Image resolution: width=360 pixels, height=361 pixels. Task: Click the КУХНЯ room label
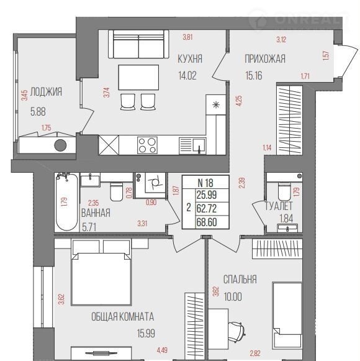[190, 59]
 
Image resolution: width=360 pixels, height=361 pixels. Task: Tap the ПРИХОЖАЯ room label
[265, 59]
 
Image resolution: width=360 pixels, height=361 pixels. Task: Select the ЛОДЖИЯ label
[46, 91]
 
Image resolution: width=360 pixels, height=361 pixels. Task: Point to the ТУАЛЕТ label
[279, 206]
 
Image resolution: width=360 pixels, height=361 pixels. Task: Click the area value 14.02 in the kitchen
[187, 75]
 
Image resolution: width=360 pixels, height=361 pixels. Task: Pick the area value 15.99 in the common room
[146, 333]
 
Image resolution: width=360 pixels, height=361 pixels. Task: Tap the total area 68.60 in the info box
[207, 222]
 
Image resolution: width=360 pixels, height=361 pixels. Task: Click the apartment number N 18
[205, 183]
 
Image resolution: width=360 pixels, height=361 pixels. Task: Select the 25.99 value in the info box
[207, 195]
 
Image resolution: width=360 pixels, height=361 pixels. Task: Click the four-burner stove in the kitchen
[148, 145]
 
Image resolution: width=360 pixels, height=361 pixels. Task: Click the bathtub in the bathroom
[66, 202]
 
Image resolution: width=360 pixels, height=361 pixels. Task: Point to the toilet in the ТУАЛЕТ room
[284, 191]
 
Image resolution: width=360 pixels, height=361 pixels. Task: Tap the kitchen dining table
[138, 77]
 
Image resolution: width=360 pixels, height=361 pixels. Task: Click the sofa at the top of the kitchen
[138, 44]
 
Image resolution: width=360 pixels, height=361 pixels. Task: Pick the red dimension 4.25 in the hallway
[239, 101]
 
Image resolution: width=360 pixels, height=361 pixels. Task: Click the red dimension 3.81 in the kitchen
[187, 37]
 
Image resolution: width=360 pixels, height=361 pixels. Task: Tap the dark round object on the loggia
[60, 145]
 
